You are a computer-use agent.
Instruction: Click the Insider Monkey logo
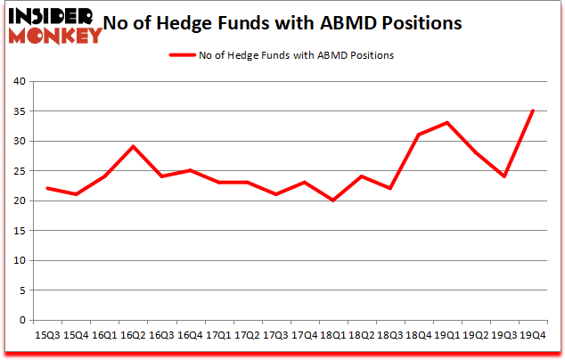(x=55, y=25)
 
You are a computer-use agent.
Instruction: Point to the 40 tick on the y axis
(x=18, y=82)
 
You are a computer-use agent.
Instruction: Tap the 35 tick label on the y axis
(x=18, y=111)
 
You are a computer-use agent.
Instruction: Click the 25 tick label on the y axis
(x=18, y=171)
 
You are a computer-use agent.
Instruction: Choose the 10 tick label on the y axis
(x=18, y=261)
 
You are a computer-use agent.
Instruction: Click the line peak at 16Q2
(x=133, y=147)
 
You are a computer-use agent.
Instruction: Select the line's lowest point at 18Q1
(x=333, y=200)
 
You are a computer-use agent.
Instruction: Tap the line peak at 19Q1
(x=447, y=123)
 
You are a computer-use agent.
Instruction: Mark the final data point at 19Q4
(x=533, y=110)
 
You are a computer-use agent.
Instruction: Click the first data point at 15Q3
(x=47, y=188)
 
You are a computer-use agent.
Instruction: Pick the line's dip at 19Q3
(x=504, y=176)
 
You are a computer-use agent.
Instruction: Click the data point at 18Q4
(x=419, y=135)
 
